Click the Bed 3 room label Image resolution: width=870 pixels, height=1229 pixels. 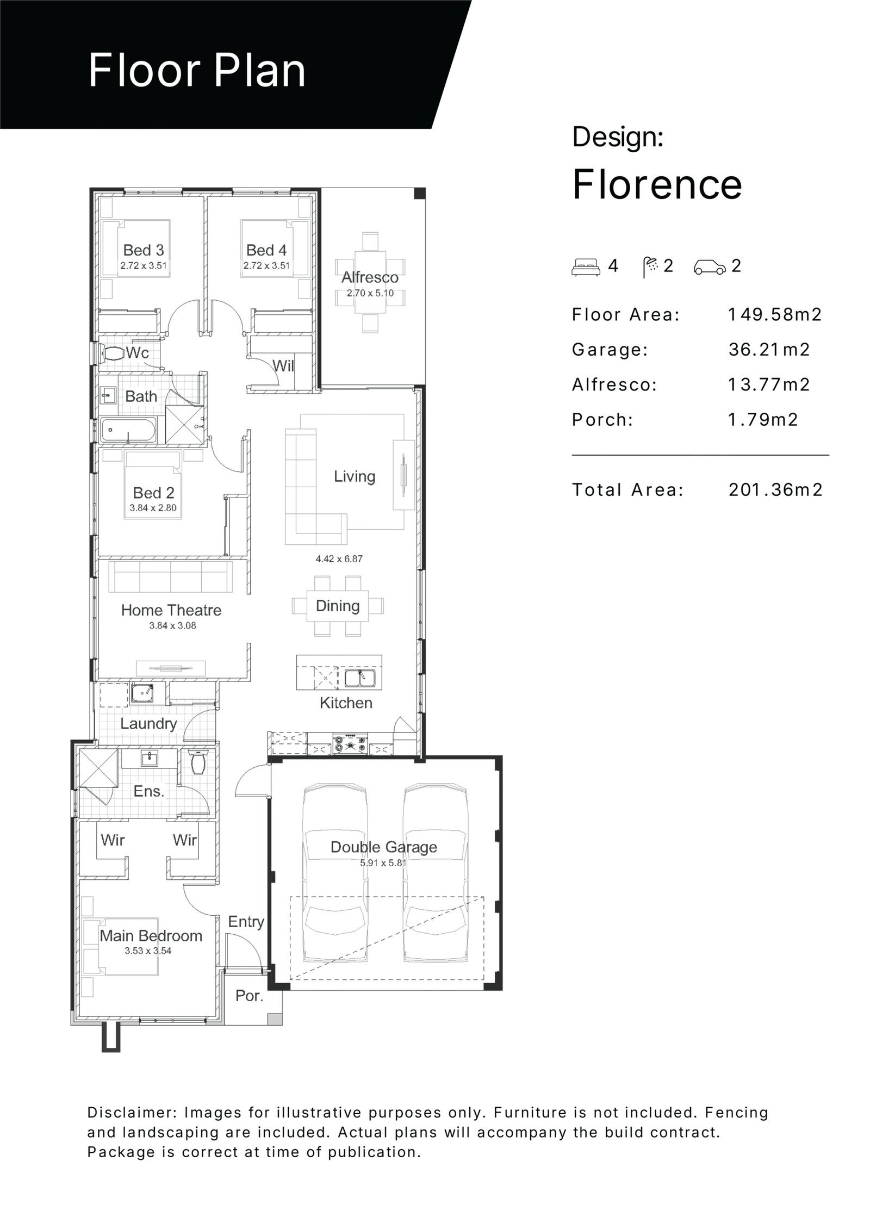coord(144,250)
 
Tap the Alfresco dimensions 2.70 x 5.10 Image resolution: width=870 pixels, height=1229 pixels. coord(370,293)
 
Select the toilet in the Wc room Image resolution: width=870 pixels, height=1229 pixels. coord(113,353)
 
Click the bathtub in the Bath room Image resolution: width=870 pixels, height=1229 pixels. coord(128,430)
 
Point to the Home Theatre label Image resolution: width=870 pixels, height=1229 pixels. coord(171,610)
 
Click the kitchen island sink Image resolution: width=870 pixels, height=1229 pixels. coord(359,678)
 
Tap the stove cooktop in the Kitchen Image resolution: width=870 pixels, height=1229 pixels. coord(351,744)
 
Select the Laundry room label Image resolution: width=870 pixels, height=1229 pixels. coord(148,724)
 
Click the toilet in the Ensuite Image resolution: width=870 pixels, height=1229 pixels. coord(198,761)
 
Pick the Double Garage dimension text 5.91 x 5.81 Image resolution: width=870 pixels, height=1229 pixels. coord(383,862)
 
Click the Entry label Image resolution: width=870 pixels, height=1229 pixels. coord(246,922)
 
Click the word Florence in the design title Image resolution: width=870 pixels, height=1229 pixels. coord(657,184)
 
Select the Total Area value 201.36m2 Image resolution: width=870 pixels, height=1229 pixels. coord(775,490)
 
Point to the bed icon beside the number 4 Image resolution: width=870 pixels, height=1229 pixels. coord(586,267)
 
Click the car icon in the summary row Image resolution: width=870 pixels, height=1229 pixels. coord(710,267)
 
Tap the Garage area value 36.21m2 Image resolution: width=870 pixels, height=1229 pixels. coord(769,350)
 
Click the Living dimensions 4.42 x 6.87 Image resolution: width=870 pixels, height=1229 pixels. coord(339,558)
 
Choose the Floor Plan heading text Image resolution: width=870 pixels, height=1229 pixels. coord(197,70)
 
